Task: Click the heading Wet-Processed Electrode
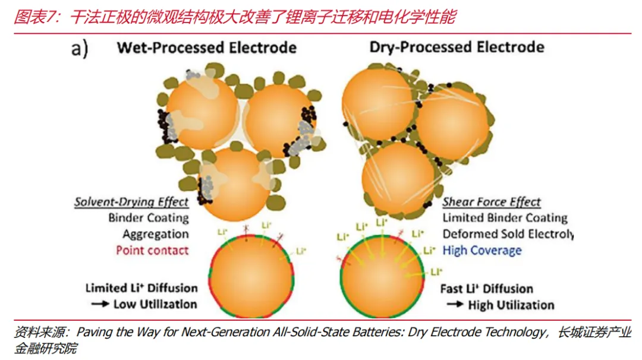tap(206, 48)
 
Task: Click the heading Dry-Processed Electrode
tap(457, 47)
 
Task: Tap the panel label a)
tap(80, 49)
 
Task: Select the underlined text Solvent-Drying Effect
tap(131, 202)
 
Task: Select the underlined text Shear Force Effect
tap(492, 202)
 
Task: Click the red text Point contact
tap(152, 250)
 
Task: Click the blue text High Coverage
tap(481, 250)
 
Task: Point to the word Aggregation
tap(156, 234)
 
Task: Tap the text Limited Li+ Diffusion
tap(141, 288)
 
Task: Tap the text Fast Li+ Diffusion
tap(486, 289)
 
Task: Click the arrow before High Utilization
tap(455, 305)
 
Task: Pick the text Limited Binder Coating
tap(505, 218)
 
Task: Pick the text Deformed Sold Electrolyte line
tap(508, 234)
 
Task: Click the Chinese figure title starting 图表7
tap(234, 17)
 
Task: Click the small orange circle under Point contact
tap(252, 281)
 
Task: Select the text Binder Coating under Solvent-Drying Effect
tap(149, 218)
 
